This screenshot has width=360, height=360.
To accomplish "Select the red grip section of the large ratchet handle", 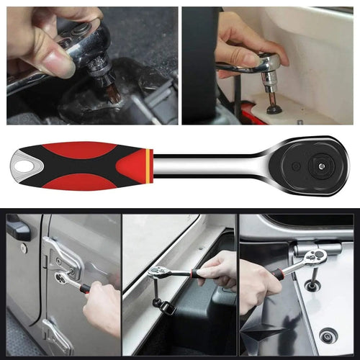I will pos(86,153).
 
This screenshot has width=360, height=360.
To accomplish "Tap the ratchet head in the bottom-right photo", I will pos(315,258).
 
